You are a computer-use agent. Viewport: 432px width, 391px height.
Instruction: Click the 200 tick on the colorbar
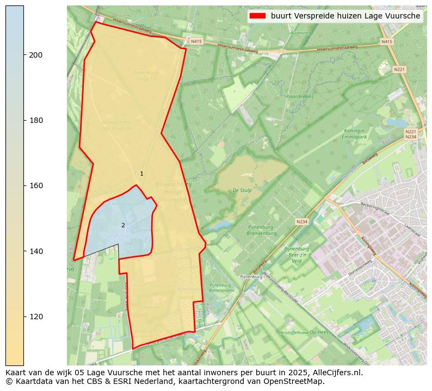click(x=36, y=55)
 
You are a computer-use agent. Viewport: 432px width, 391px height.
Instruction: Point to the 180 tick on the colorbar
click(x=36, y=120)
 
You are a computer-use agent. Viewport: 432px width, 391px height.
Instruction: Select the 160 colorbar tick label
click(x=36, y=185)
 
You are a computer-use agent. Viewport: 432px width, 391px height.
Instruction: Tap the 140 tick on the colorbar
click(x=36, y=251)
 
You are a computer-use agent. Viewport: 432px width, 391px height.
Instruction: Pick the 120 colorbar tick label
click(x=36, y=316)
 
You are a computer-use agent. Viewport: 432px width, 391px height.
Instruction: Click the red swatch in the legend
click(x=257, y=16)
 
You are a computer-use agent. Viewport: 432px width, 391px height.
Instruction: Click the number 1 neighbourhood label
click(x=141, y=174)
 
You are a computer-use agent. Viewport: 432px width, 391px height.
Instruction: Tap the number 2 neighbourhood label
click(x=123, y=225)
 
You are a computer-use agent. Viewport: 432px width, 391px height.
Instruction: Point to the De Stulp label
click(x=242, y=190)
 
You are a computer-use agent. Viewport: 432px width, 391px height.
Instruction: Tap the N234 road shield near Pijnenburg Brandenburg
click(x=302, y=222)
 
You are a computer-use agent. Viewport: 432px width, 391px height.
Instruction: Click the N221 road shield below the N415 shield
click(x=399, y=69)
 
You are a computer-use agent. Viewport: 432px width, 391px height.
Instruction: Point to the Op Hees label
click(x=320, y=332)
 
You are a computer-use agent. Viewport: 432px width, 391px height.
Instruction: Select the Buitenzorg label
click(x=301, y=33)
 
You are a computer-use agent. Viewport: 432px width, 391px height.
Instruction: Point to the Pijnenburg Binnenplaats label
click(x=220, y=288)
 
